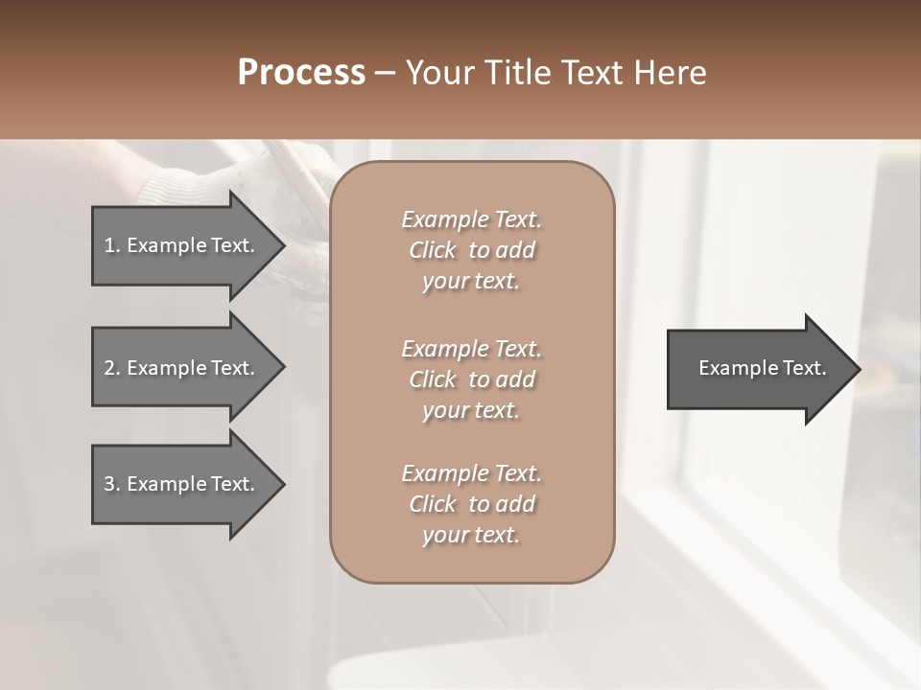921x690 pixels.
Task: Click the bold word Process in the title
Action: (301, 73)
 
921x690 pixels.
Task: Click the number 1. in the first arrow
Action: (112, 245)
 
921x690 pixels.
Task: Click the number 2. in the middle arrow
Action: (112, 368)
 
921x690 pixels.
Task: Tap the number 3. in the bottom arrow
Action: (112, 484)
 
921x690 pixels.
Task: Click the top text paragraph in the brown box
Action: (471, 250)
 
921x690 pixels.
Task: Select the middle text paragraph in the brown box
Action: (471, 379)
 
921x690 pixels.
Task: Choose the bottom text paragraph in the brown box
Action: (471, 504)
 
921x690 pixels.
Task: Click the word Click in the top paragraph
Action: (433, 250)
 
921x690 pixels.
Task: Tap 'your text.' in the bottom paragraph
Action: (471, 535)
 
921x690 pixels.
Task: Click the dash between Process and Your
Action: (386, 74)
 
